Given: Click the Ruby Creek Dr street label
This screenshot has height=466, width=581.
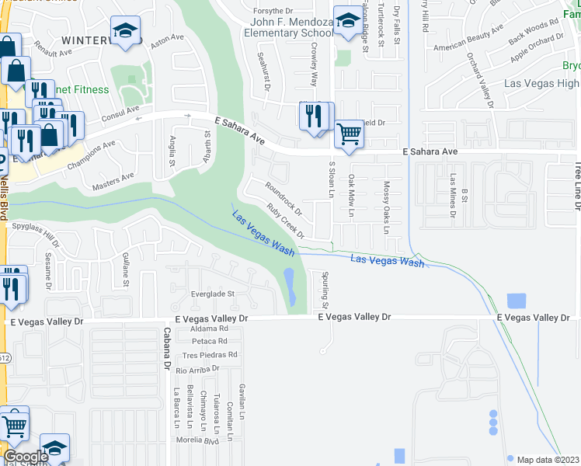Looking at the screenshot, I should [x=285, y=221].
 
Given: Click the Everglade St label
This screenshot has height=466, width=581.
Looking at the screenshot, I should [x=213, y=294].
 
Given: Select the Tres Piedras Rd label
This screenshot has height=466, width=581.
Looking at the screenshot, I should [x=209, y=354].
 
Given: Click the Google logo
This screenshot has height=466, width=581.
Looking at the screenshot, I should [x=26, y=457].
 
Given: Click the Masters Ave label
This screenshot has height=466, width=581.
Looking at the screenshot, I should [x=113, y=180].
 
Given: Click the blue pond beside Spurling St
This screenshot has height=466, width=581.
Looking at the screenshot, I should [x=289, y=286].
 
